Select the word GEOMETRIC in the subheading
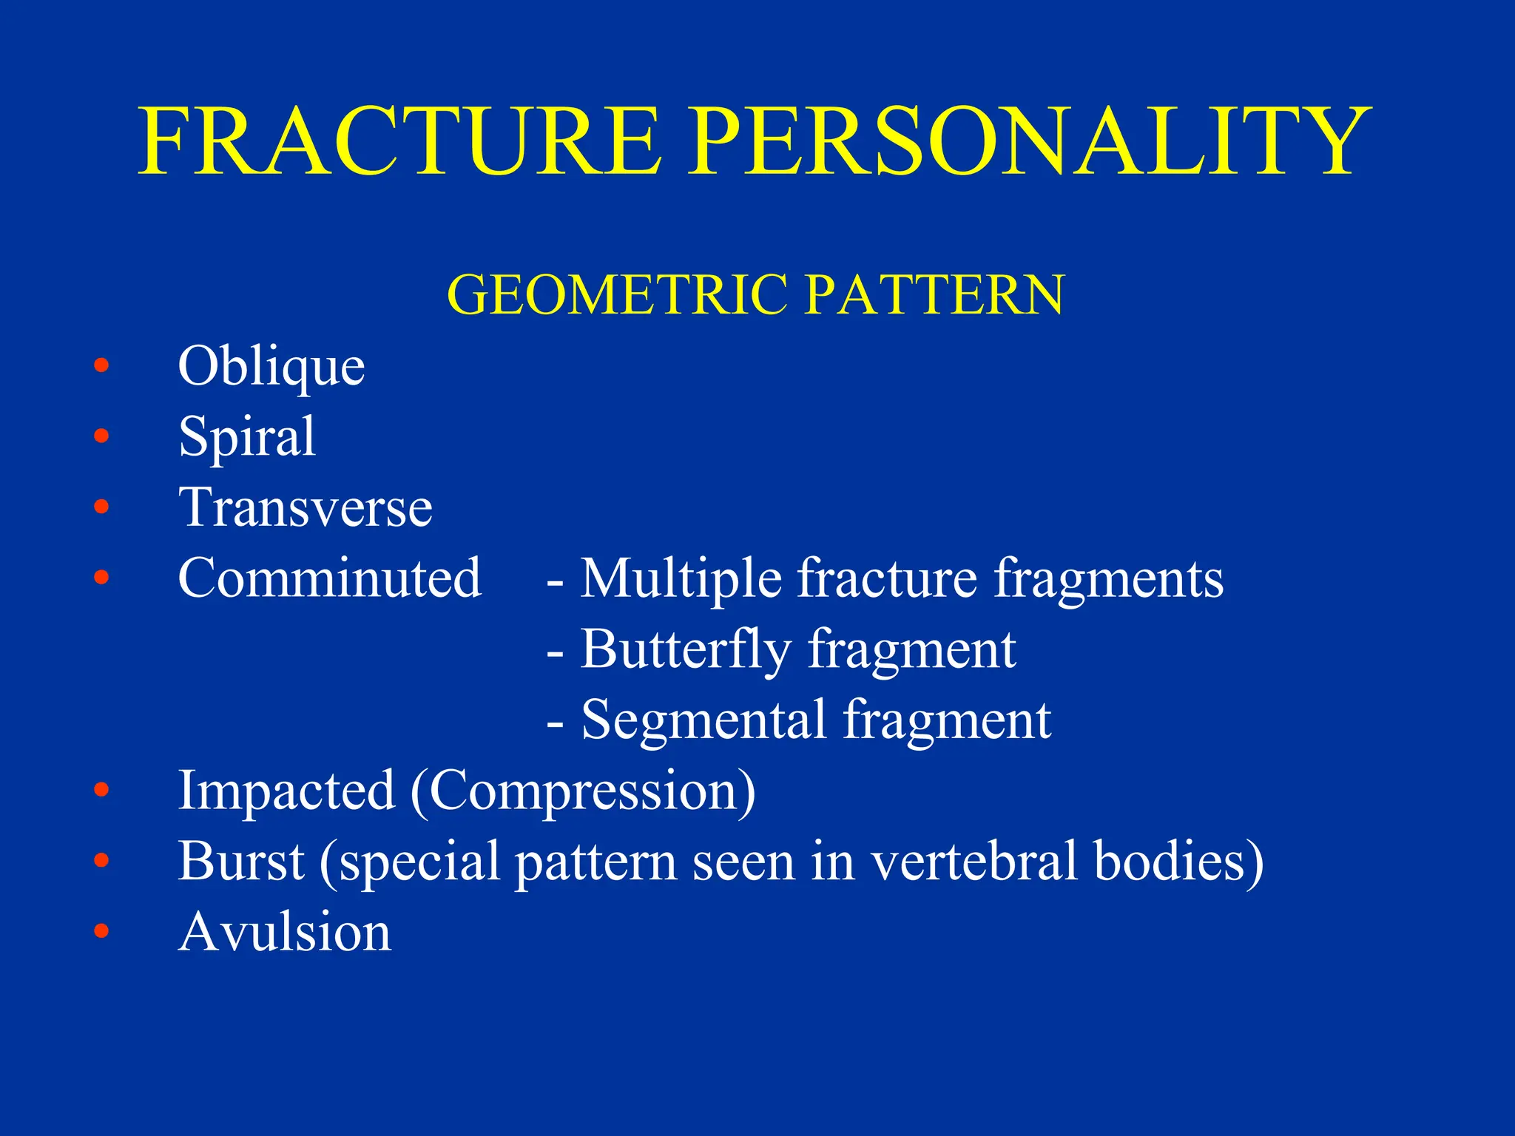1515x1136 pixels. (618, 294)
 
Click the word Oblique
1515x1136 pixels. (271, 367)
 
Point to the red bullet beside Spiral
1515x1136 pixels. (101, 436)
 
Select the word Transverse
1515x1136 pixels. (306, 508)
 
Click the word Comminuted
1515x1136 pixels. (330, 578)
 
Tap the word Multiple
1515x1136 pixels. (681, 578)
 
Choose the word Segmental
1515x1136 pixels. (703, 720)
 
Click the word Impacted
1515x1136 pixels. (286, 791)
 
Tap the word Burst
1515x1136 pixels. (241, 861)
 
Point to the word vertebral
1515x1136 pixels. (973, 861)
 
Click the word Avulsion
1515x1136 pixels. (285, 932)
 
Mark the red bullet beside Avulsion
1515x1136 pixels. (101, 931)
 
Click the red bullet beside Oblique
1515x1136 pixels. (101, 365)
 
